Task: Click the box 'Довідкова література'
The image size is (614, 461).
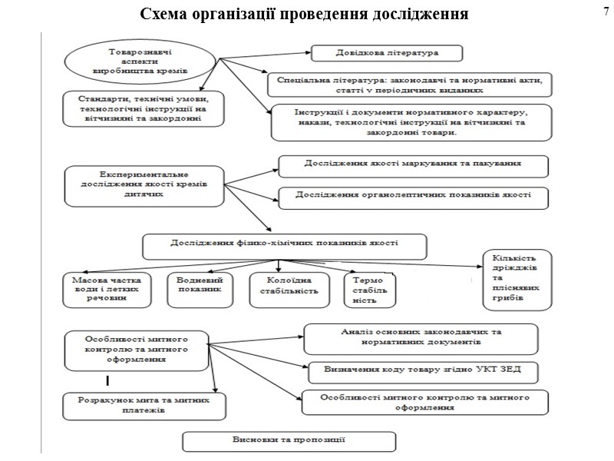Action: pyautogui.click(x=387, y=53)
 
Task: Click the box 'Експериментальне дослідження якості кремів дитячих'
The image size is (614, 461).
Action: pyautogui.click(x=144, y=185)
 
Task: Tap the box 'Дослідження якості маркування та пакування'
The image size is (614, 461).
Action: pyautogui.click(x=413, y=165)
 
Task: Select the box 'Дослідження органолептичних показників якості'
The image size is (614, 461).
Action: pyautogui.click(x=414, y=196)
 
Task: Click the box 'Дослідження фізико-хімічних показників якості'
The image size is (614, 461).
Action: pyautogui.click(x=285, y=246)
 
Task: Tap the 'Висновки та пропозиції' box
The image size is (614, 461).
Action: pyautogui.click(x=289, y=441)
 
